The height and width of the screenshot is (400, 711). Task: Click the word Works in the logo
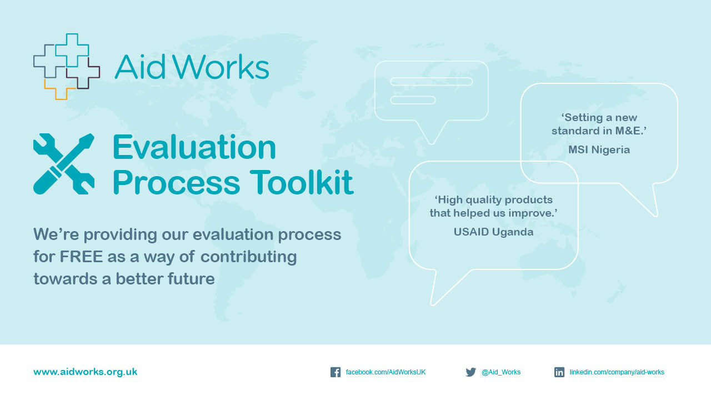(x=221, y=67)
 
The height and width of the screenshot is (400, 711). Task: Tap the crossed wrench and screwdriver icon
(x=64, y=164)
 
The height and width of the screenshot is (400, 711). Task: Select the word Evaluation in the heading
(x=194, y=147)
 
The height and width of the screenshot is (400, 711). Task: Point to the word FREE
(x=81, y=257)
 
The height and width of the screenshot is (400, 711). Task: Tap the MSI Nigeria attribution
(x=599, y=149)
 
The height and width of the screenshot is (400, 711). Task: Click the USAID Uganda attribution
(x=494, y=232)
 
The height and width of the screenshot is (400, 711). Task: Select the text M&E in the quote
(x=628, y=131)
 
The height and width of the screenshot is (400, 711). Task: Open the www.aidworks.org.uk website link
(x=86, y=372)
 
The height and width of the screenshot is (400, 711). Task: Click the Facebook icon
(x=336, y=372)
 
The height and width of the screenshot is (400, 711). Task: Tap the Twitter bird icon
(x=470, y=372)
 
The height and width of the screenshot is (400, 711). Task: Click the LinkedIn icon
(x=559, y=372)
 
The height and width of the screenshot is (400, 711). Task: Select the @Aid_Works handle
(x=501, y=372)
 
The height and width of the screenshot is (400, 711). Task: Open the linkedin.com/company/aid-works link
(x=617, y=372)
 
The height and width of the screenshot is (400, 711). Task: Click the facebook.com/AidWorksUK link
(x=385, y=372)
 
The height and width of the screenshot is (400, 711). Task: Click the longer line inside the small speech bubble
(x=432, y=82)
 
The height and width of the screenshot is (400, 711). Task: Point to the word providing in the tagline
(x=121, y=235)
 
